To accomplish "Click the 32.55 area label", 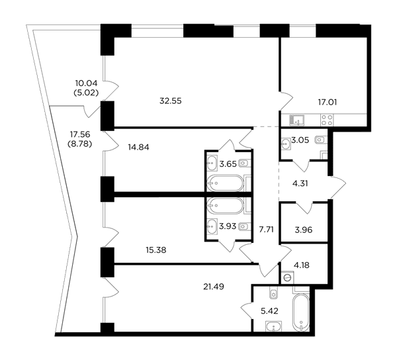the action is pyautogui.click(x=171, y=101).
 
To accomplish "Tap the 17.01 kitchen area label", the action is pyautogui.click(x=328, y=103).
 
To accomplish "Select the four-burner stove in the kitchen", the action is pyautogui.click(x=327, y=120).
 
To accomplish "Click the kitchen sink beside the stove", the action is pyautogui.click(x=297, y=120).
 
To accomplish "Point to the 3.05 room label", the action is pyautogui.click(x=300, y=140).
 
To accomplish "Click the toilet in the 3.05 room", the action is pyautogui.click(x=321, y=139).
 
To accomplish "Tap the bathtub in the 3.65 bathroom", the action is pyautogui.click(x=225, y=183).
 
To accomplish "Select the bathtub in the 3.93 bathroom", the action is pyautogui.click(x=225, y=205).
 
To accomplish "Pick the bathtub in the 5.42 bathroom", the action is pyautogui.click(x=301, y=312).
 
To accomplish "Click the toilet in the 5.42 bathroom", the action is pyautogui.click(x=273, y=292).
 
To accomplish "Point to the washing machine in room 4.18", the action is pyautogui.click(x=288, y=277).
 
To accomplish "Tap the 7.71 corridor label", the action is pyautogui.click(x=266, y=230).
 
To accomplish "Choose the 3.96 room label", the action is pyautogui.click(x=304, y=230).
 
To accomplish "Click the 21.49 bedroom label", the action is pyautogui.click(x=214, y=287).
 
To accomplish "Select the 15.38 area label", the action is pyautogui.click(x=156, y=250).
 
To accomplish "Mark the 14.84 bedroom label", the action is pyautogui.click(x=138, y=147).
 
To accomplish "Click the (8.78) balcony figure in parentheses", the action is pyautogui.click(x=79, y=144).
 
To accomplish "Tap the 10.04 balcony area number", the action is pyautogui.click(x=86, y=83).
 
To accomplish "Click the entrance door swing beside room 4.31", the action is pyautogui.click(x=338, y=187).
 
